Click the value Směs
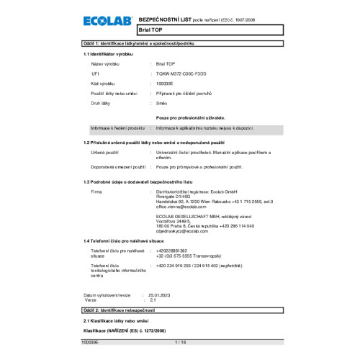click(162, 104)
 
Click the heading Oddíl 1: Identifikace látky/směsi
click(144, 45)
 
